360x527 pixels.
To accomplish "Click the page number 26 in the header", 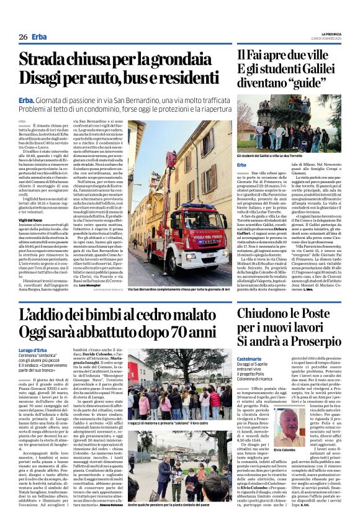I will pyautogui.click(x=23, y=37).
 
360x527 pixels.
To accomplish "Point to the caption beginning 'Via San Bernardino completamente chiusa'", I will pyautogui.click(x=183, y=272).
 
